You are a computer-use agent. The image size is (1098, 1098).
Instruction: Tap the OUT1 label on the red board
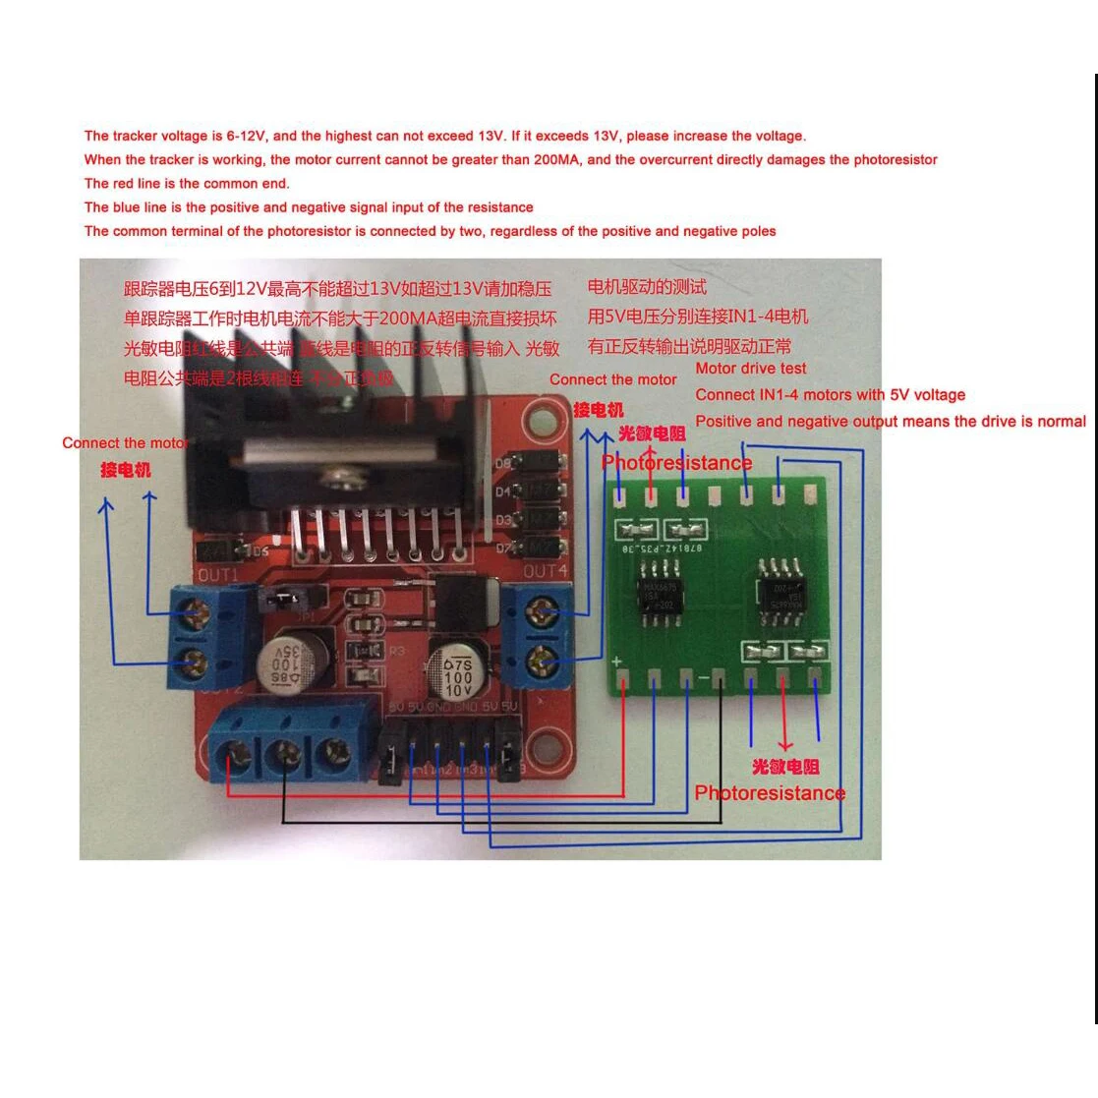pyautogui.click(x=218, y=574)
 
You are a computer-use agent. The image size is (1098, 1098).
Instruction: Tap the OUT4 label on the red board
pyautogui.click(x=545, y=570)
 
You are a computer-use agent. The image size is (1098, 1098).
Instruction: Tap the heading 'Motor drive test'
pyautogui.click(x=750, y=369)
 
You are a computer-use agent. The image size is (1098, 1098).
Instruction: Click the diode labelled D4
pyautogui.click(x=540, y=489)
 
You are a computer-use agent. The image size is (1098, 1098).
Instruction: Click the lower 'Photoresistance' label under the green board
pyautogui.click(x=769, y=793)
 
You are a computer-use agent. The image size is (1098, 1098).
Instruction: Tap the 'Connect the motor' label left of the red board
pyautogui.click(x=125, y=443)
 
